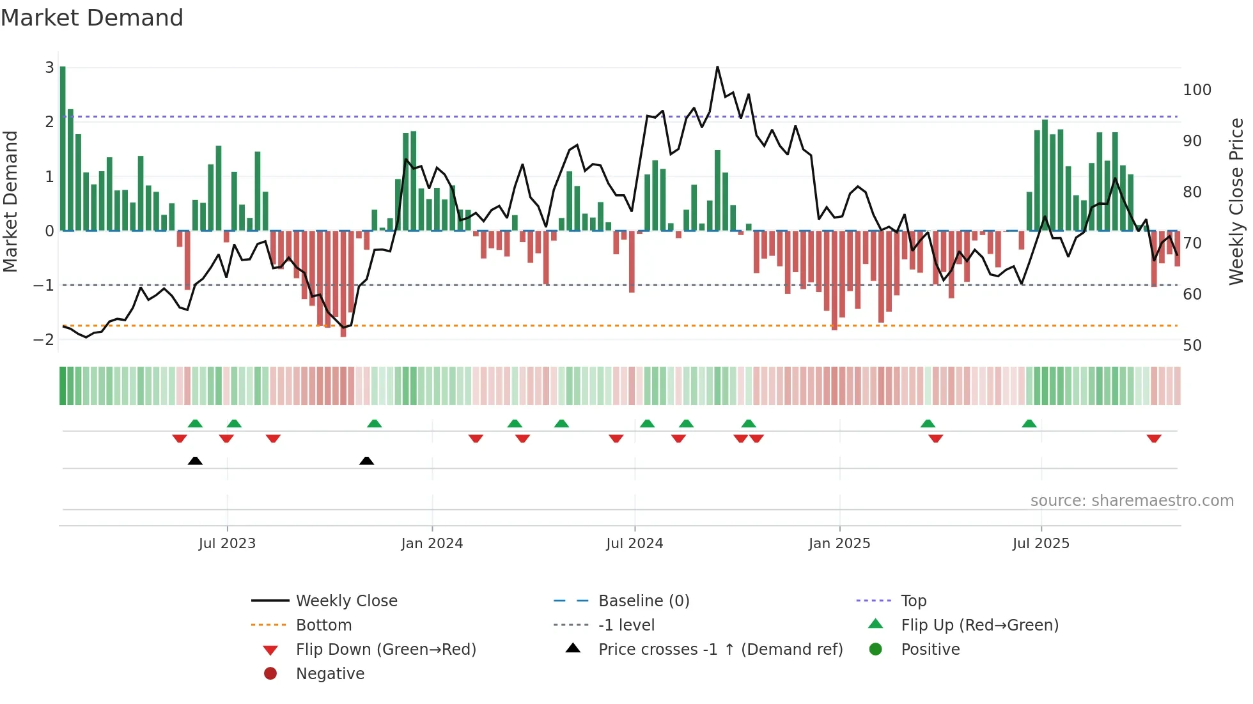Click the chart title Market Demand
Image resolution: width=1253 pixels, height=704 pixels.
(x=92, y=18)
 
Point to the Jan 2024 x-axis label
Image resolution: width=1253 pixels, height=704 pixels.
(x=432, y=544)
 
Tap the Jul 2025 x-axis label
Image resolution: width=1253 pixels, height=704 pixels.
(x=1041, y=544)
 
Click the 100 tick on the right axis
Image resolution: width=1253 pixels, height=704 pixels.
(x=1197, y=90)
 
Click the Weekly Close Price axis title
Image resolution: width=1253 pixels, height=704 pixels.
(x=1236, y=201)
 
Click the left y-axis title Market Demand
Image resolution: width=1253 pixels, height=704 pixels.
(x=11, y=201)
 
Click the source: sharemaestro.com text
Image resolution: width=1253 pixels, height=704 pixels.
(x=1132, y=501)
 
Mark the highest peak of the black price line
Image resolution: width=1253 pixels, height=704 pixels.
(x=717, y=67)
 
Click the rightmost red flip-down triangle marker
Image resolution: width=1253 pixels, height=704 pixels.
(x=1154, y=438)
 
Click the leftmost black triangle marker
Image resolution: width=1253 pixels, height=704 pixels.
(x=195, y=461)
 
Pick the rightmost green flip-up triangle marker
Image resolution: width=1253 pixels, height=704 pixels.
(x=1029, y=424)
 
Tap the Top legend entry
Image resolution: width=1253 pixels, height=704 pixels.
(x=914, y=601)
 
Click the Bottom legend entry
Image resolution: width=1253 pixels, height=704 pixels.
(x=323, y=625)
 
